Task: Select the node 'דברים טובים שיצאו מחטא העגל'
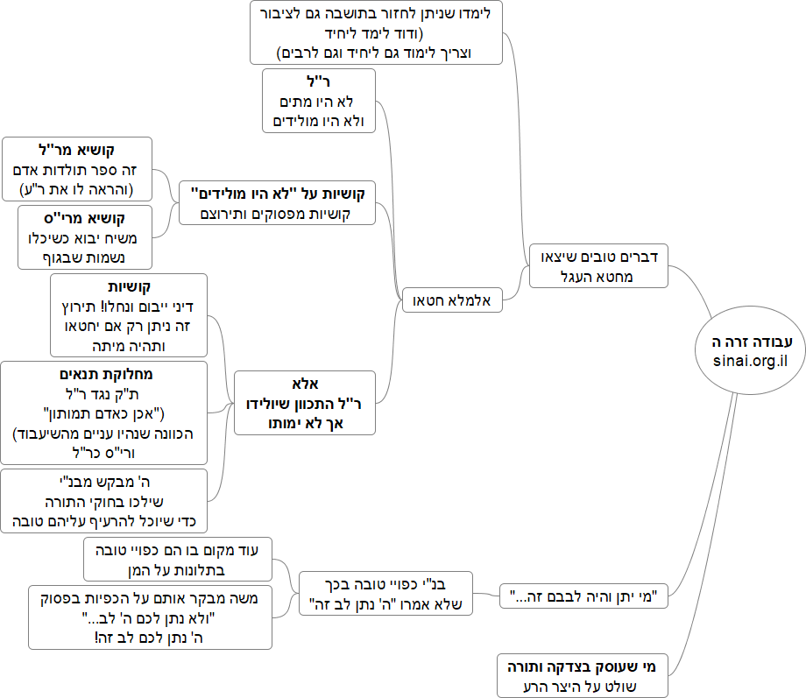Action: click(x=599, y=265)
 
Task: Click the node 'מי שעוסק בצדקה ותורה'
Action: click(x=583, y=675)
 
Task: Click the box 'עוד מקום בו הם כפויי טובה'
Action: click(x=178, y=560)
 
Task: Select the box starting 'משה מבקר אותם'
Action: click(x=150, y=617)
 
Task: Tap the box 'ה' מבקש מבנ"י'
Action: click(x=103, y=501)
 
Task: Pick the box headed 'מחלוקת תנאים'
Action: click(x=103, y=412)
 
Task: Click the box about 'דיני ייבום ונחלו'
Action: click(x=128, y=315)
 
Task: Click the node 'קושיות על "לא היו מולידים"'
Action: click(x=277, y=202)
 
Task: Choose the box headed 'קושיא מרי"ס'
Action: click(x=85, y=236)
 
